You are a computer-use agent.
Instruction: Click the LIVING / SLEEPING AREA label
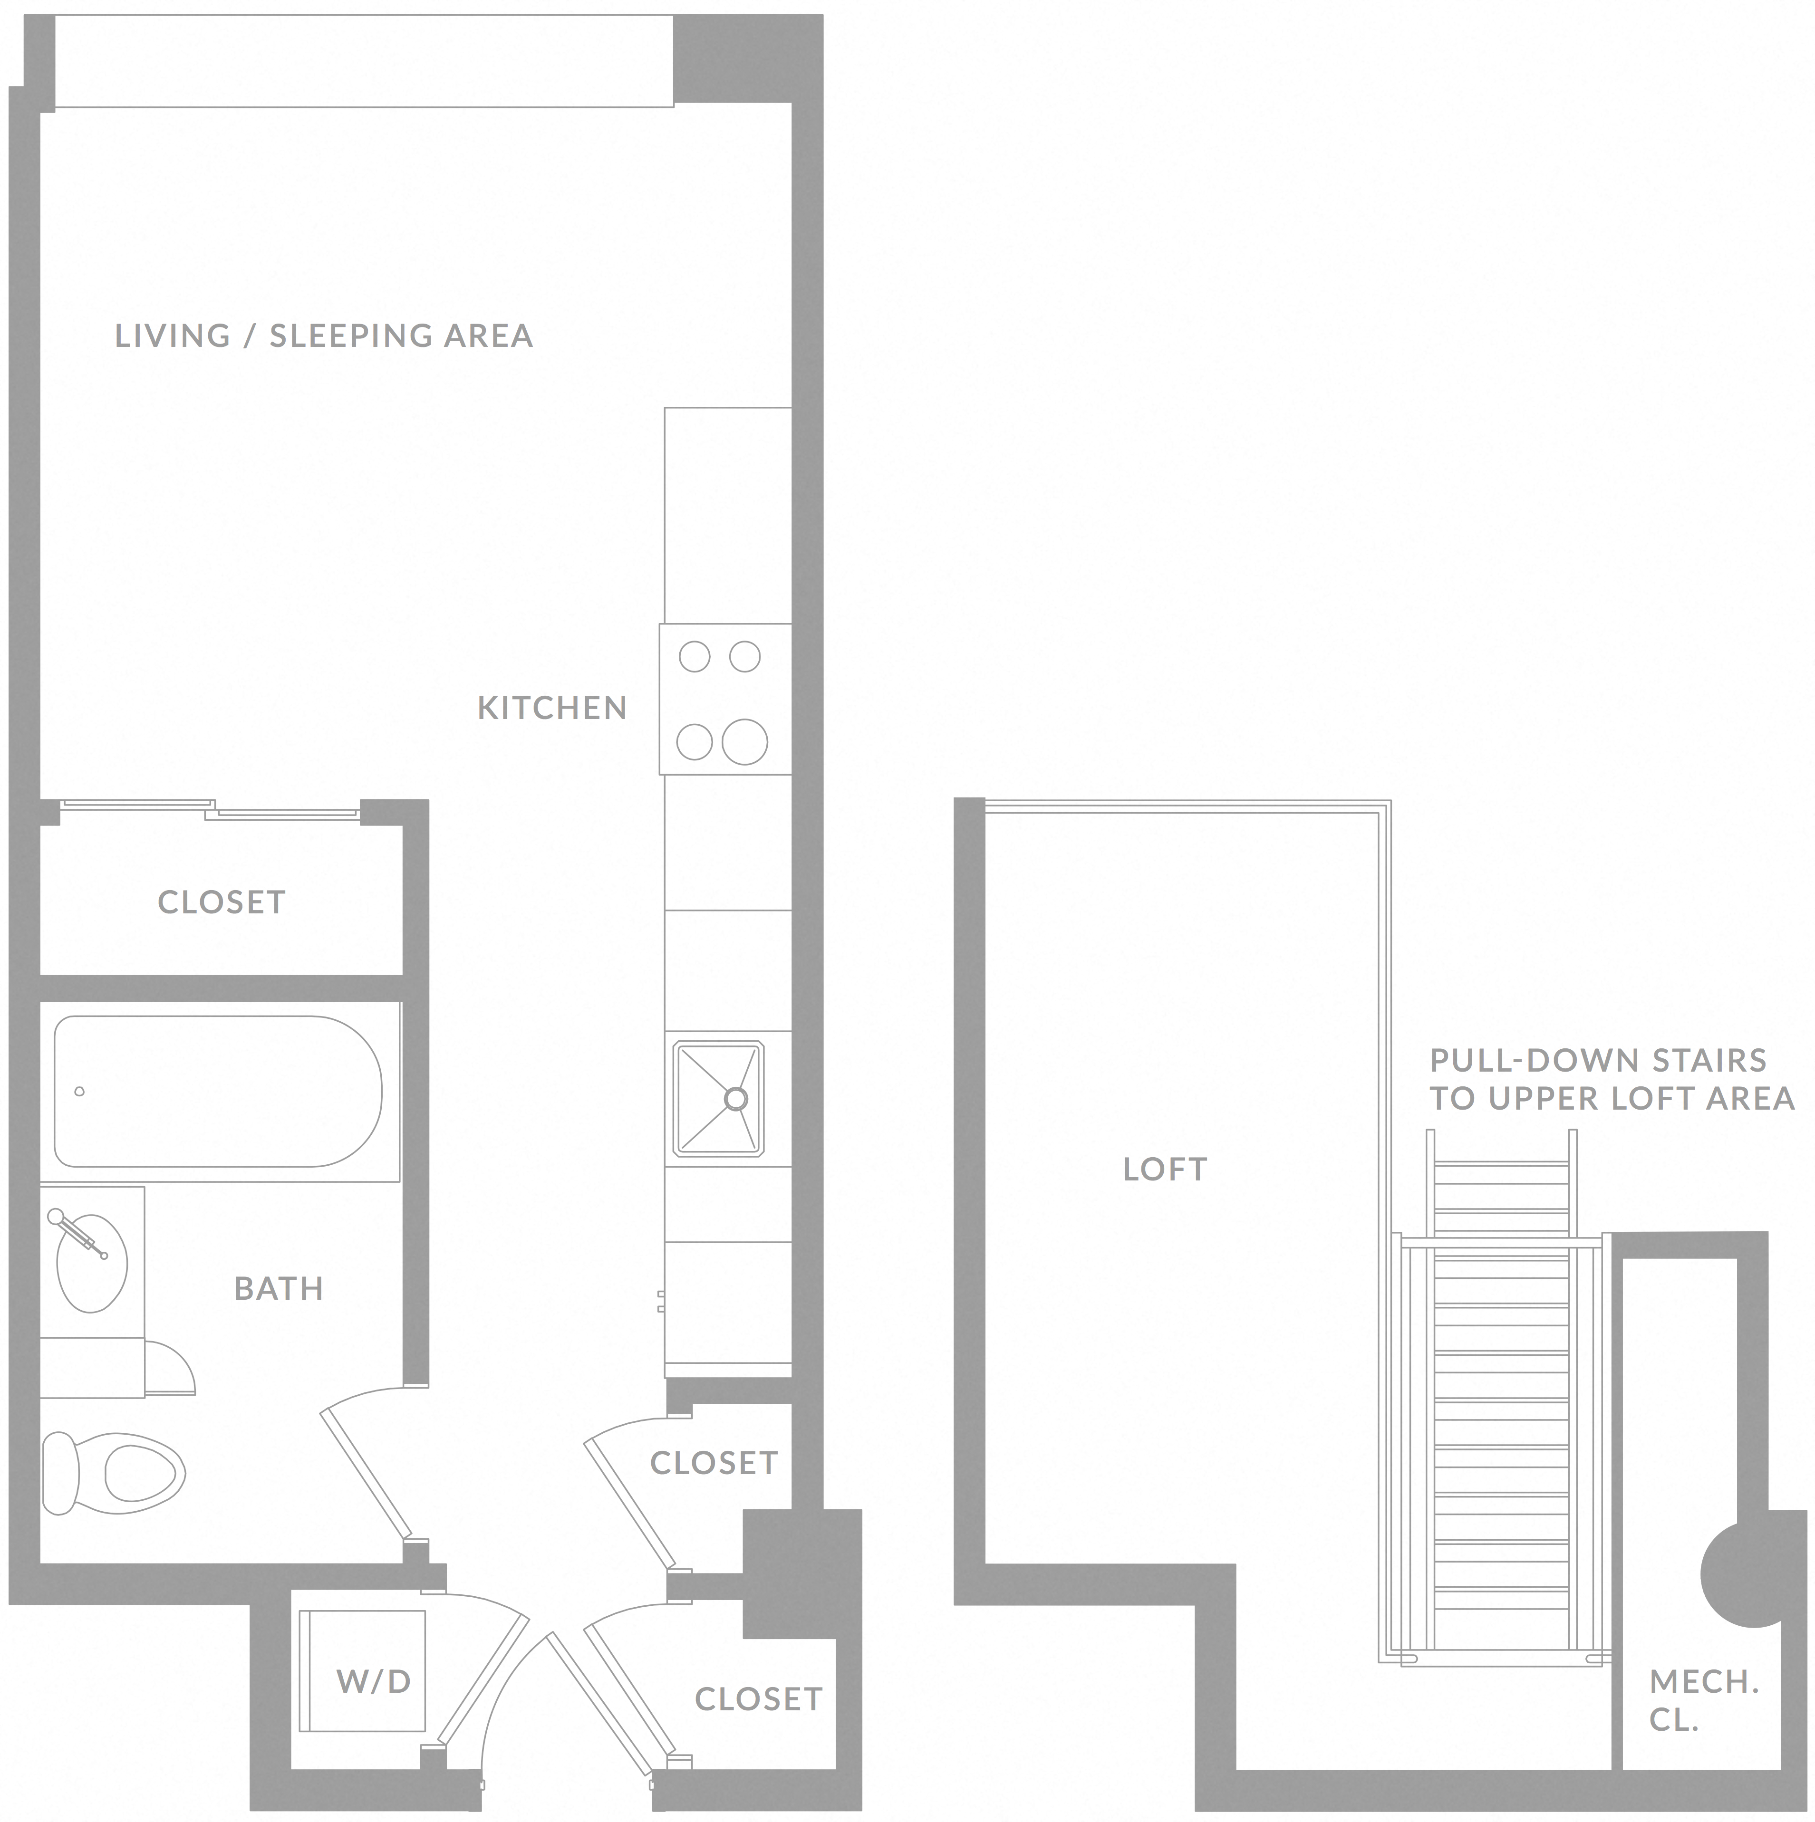[324, 336]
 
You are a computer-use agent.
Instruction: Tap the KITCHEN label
[552, 707]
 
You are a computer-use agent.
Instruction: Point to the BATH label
[278, 1288]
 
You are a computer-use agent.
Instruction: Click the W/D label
[374, 1680]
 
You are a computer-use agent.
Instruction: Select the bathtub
[218, 1091]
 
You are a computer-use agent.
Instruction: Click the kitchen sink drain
[736, 1099]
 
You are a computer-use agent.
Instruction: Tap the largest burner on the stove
[744, 741]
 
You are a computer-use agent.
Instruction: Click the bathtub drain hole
[79, 1092]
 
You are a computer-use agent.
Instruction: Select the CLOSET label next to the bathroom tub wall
[222, 902]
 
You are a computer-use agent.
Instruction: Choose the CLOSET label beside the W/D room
[758, 1699]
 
